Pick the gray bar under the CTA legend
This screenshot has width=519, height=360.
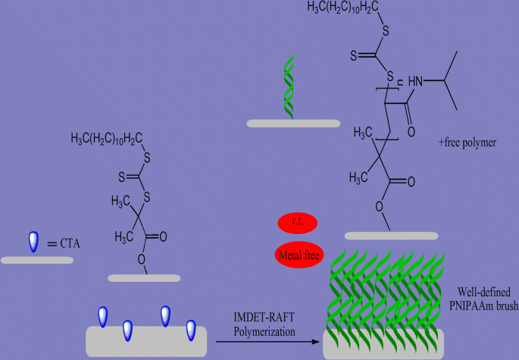[37, 260]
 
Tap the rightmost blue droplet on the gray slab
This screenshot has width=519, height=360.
[191, 330]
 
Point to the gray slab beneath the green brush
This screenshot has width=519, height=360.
[382, 343]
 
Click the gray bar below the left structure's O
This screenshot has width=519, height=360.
[143, 278]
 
